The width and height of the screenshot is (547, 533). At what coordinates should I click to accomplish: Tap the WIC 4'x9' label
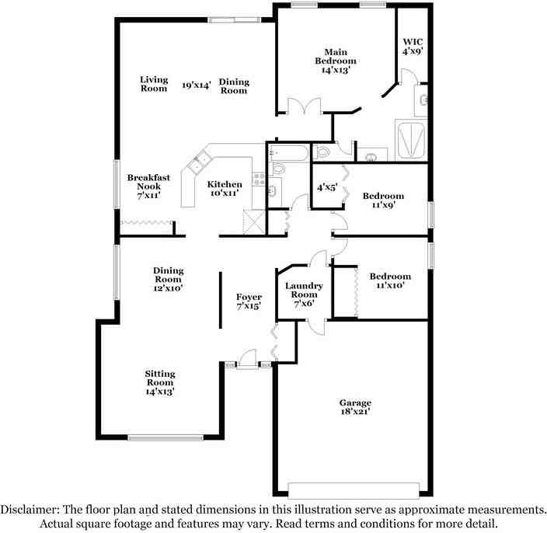pos(413,47)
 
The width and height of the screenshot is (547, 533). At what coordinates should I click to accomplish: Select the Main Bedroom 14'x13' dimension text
pos(336,70)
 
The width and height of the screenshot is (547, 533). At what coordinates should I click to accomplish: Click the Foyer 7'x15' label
pos(249,301)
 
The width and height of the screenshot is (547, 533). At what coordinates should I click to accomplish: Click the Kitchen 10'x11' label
pos(225,188)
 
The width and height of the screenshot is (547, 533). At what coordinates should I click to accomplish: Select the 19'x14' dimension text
pos(197,85)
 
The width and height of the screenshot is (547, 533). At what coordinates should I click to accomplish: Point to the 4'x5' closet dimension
pos(327,188)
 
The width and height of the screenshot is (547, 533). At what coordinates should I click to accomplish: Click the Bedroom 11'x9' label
pos(383,200)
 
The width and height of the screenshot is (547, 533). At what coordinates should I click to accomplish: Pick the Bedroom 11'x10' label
pos(390,280)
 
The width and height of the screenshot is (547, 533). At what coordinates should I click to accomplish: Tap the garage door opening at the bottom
pos(354,490)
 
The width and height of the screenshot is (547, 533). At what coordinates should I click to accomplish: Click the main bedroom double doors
pos(304,106)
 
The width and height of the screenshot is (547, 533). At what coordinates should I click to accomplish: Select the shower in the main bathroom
pos(411,140)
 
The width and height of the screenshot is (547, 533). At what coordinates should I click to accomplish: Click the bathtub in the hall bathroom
pos(288,153)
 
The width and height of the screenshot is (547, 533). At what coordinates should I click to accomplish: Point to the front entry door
pos(247,359)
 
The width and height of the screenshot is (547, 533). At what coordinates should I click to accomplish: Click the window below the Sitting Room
pos(165,437)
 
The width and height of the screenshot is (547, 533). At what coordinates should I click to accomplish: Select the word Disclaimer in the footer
pos(30,510)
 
